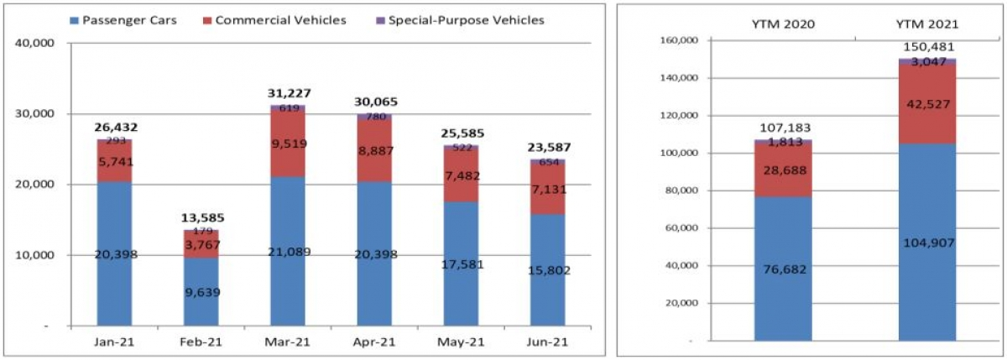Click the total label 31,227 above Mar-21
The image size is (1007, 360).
click(x=287, y=94)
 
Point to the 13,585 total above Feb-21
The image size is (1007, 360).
click(x=201, y=218)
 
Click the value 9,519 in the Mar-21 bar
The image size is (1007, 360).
click(x=287, y=143)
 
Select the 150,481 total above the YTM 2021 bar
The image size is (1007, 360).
click(x=927, y=47)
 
